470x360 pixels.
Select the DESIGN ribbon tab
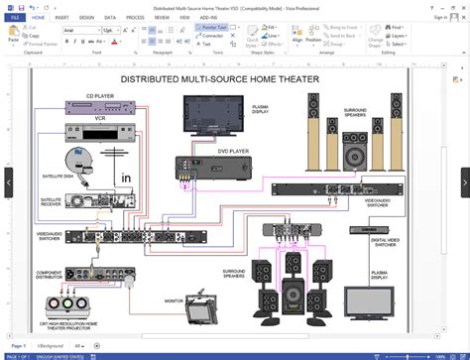[87, 17]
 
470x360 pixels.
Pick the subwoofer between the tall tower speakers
[353, 156]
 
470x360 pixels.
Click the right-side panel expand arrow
[463, 180]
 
